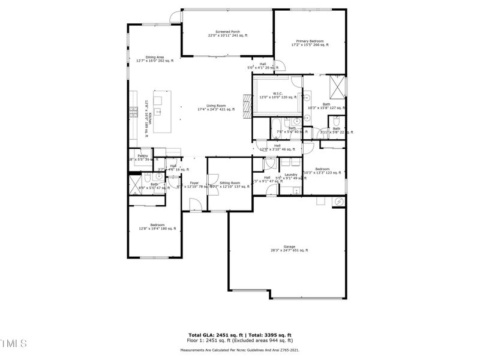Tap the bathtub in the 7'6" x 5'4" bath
279,128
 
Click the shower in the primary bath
338,88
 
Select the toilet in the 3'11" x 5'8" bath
337,121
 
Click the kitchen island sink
159,111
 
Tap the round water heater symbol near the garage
338,201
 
